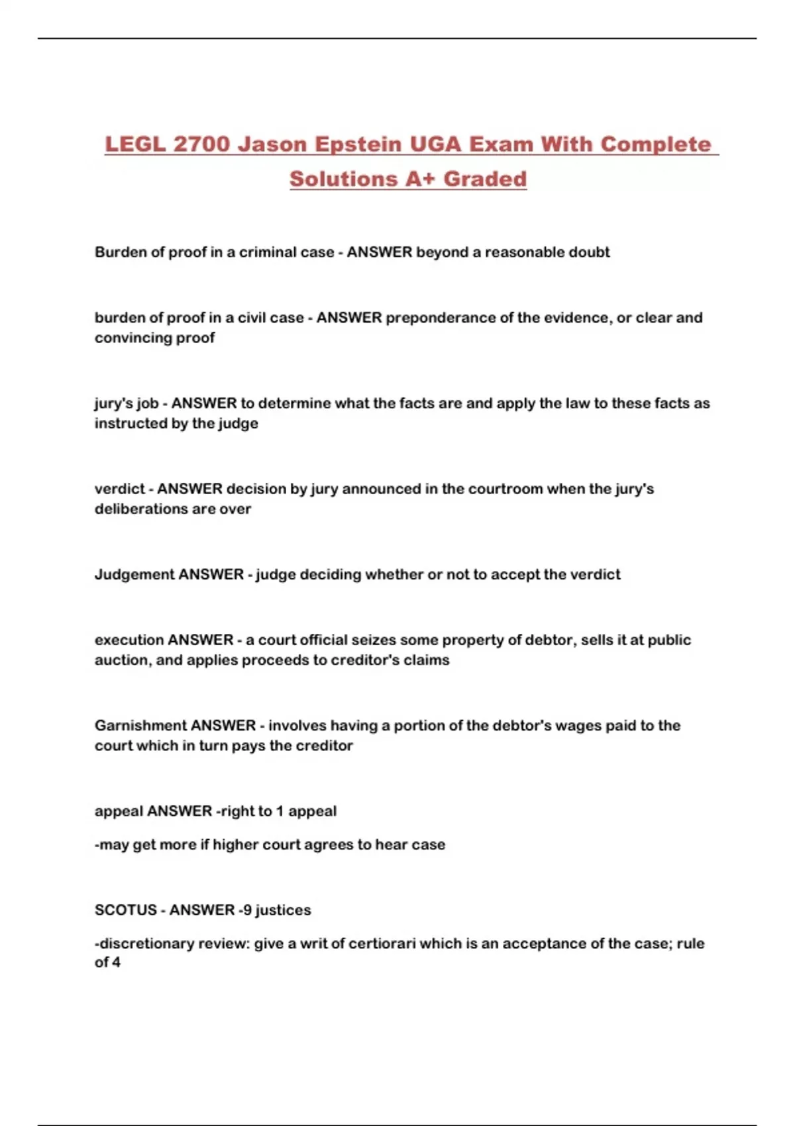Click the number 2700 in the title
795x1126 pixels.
pyautogui.click(x=201, y=144)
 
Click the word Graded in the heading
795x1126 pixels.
pyautogui.click(x=485, y=179)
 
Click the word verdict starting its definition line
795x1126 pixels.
pyautogui.click(x=119, y=489)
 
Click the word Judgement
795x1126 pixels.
pyautogui.click(x=134, y=574)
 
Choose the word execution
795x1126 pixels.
pyautogui.click(x=129, y=640)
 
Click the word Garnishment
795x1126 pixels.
pyautogui.click(x=140, y=725)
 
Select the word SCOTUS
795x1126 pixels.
pyautogui.click(x=125, y=910)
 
